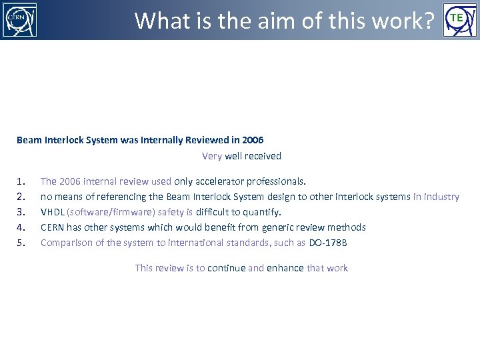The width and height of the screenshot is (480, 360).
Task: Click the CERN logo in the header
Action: pos(20,20)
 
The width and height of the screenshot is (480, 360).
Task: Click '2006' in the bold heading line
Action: pos(253,140)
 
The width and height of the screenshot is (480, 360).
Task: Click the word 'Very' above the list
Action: pos(212,156)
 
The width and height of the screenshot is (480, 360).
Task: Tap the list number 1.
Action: pos(21,181)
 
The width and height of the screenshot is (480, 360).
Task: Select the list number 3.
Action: pos(21,212)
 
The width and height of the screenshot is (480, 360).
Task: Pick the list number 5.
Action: pos(21,243)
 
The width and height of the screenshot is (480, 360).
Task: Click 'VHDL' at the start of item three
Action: pos(53,212)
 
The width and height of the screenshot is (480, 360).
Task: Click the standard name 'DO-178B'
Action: pos(328,243)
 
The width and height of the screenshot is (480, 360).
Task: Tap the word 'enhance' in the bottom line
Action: pos(285,268)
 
